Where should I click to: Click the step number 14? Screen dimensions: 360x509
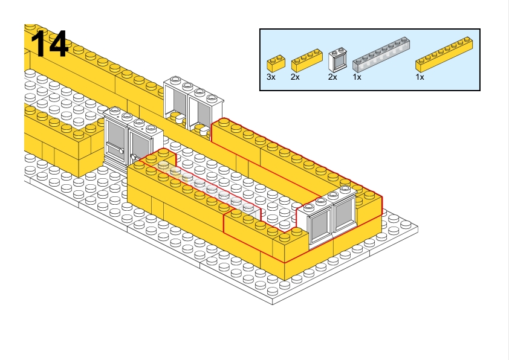50,43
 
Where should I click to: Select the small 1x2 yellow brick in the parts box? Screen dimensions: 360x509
276,62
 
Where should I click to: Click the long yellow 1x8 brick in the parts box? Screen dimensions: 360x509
444,53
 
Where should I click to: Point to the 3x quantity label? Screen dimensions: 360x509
271,77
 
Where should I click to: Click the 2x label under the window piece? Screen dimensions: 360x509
332,77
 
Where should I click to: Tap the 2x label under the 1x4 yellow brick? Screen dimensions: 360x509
295,77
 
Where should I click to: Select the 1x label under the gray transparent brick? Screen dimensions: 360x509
357,77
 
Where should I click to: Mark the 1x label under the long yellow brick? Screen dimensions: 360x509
420,77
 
